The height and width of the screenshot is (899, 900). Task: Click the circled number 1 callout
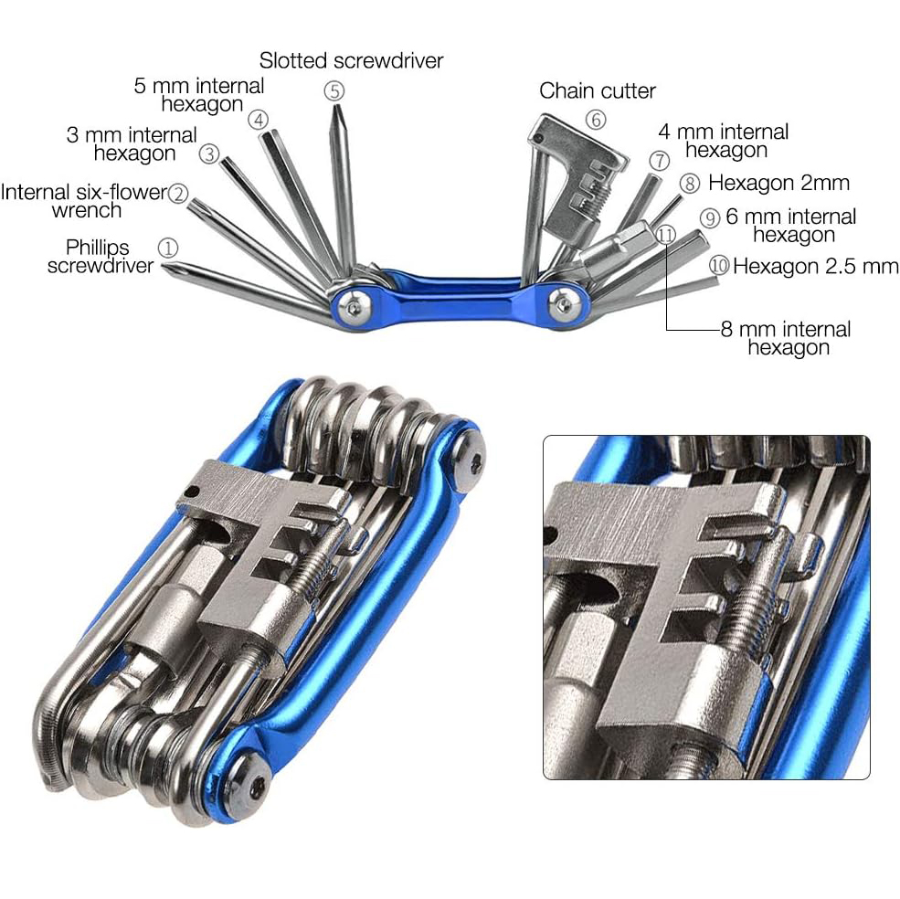click(x=167, y=248)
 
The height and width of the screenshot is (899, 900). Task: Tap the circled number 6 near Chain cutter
click(x=596, y=120)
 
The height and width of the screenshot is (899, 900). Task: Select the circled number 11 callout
click(x=665, y=234)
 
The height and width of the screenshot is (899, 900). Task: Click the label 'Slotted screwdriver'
click(x=351, y=60)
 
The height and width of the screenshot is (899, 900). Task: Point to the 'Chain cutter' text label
click(x=597, y=90)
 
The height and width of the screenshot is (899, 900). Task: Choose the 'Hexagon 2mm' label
click(x=778, y=183)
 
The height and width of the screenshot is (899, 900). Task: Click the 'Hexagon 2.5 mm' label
click(x=815, y=266)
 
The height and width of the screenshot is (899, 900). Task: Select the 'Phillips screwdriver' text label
click(x=100, y=256)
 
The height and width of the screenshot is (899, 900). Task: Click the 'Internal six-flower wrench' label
click(x=84, y=200)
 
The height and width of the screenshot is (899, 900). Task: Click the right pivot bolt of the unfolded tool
click(x=563, y=302)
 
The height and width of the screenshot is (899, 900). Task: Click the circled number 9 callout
click(x=710, y=218)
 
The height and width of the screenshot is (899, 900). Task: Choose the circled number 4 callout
click(x=259, y=120)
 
